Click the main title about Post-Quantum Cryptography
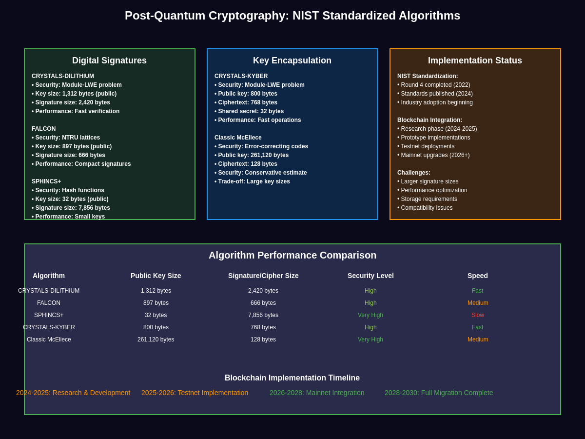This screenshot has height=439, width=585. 292,16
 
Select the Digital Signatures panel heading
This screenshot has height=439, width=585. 109,60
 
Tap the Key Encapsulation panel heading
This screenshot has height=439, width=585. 292,60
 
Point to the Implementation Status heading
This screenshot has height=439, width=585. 475,60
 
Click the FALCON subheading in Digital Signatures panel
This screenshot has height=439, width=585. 44,129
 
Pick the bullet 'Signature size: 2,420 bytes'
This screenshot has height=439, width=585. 71,102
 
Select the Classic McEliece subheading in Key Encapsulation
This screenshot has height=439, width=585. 238,138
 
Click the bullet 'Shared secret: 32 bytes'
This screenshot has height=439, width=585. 249,111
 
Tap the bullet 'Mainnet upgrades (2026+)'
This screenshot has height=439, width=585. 433,155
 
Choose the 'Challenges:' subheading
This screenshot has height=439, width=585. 414,173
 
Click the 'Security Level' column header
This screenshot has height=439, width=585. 370,276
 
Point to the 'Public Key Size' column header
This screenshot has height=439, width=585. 156,276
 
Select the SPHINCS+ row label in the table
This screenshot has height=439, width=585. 49,315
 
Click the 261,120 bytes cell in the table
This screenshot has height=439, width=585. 156,339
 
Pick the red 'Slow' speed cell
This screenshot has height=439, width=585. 478,315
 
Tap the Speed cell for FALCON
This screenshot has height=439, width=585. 478,303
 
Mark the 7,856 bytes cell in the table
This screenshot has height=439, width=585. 263,315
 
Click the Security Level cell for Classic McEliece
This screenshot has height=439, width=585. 370,339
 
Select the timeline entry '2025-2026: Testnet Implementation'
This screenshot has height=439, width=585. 195,393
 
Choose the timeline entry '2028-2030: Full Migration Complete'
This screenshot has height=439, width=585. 439,393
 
